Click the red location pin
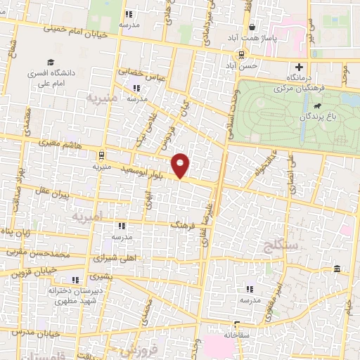click(181, 166)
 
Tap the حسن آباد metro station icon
click(242, 54)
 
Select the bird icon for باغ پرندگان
click(319, 106)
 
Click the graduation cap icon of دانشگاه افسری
click(50, 61)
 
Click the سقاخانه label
click(235, 335)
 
